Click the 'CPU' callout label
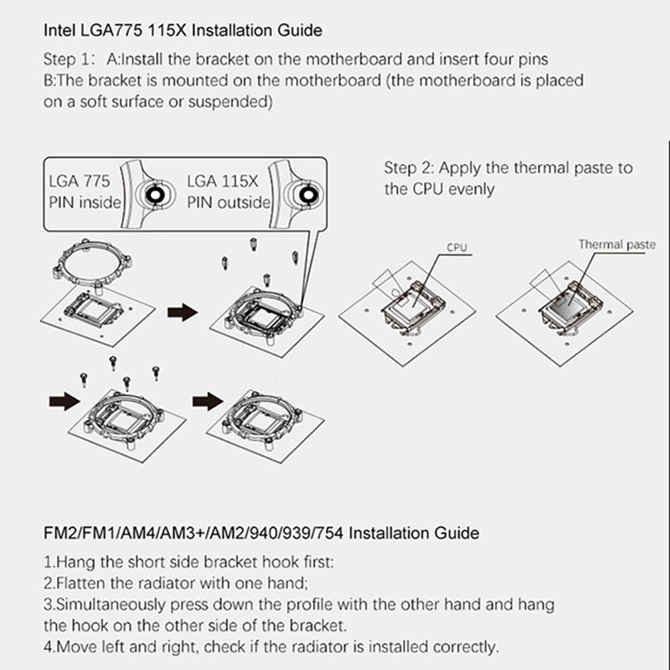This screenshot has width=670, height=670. [x=456, y=248]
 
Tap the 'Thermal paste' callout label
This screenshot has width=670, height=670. [x=617, y=245]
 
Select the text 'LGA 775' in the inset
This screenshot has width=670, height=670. [x=80, y=182]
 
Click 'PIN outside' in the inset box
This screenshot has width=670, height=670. [x=228, y=202]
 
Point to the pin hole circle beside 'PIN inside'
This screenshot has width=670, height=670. [x=152, y=195]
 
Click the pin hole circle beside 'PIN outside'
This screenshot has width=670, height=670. [x=308, y=195]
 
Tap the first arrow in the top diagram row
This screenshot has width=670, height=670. [x=182, y=312]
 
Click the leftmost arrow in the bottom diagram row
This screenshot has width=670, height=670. [x=64, y=401]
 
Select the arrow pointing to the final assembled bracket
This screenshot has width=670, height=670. [x=207, y=401]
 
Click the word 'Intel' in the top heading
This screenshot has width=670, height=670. [x=59, y=31]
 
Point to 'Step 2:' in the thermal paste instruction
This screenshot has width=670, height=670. [x=409, y=167]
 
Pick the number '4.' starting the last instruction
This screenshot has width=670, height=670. [x=49, y=647]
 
